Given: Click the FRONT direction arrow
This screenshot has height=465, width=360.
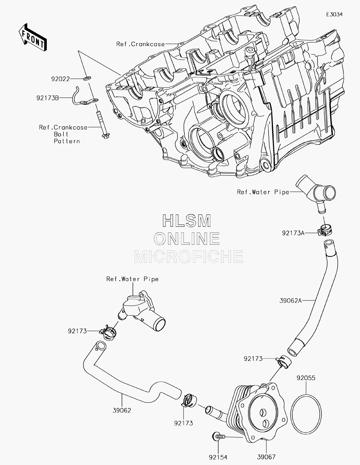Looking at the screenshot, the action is (32, 37).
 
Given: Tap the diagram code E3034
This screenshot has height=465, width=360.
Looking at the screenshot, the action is (334, 14).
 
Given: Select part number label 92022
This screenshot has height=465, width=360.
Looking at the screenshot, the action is (60, 79).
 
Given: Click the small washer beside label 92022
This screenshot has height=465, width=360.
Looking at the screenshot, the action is (87, 78).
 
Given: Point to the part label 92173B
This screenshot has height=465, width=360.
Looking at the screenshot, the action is (48, 98).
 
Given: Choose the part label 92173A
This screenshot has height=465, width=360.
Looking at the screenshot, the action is (293, 233).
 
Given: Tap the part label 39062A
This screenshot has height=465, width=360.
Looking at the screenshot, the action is (291, 301).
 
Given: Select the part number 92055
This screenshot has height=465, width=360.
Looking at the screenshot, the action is (306, 378).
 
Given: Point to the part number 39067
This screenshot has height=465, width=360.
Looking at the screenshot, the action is (266, 457).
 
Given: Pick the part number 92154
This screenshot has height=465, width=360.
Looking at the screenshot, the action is (218, 457).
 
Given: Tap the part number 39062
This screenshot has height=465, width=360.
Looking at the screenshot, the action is (122, 410).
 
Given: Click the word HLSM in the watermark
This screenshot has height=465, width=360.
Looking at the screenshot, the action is (186, 221).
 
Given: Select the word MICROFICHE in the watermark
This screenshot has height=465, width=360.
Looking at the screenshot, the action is (189, 257).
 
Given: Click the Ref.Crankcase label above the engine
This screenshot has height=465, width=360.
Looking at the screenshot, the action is (140, 44).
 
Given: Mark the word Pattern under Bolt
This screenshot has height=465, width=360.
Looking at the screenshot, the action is (67, 141).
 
